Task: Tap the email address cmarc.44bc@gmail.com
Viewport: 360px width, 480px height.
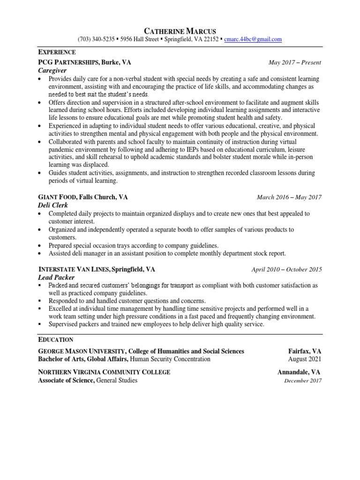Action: pos(253,39)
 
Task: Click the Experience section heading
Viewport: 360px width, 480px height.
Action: pos(57,52)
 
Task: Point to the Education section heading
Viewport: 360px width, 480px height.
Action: pos(55,339)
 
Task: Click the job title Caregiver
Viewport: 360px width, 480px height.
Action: pos(52,70)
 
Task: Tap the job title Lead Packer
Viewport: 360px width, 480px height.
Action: pos(54,277)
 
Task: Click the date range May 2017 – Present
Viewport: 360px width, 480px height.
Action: pos(294,62)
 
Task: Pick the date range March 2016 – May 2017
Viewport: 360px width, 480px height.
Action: pos(289,197)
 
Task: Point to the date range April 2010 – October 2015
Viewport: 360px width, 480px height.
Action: pos(286,270)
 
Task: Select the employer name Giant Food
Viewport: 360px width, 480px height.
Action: pos(55,197)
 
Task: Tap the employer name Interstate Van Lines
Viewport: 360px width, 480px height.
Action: pos(74,270)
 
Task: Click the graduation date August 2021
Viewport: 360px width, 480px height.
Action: pos(305,359)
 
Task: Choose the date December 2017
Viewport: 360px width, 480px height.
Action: pos(303,381)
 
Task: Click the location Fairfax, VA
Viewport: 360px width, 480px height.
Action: pos(305,351)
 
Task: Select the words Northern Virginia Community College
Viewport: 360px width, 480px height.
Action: pos(104,372)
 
